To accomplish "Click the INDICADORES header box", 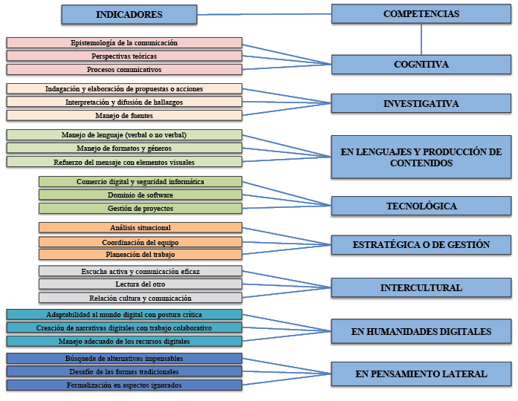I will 129,15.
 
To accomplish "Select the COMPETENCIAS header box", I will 421,14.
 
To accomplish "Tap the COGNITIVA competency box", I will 421,65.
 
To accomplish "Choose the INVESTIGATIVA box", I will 421,104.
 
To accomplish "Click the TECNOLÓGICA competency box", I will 421,206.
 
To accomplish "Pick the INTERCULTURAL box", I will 421,287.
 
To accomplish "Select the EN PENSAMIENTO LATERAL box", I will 421,374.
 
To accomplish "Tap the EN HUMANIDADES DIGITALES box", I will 421,331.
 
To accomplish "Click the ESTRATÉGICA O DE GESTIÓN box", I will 421,244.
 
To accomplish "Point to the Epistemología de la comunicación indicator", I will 124,43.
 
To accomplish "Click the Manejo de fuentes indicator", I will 124,116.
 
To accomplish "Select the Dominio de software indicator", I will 140,195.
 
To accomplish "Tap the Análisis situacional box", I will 140,228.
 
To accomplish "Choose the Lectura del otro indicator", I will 140,284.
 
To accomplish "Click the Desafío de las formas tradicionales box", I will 124,371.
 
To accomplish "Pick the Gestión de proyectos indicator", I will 140,209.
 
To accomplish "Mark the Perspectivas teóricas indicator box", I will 124,56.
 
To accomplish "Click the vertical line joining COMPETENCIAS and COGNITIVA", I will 421,39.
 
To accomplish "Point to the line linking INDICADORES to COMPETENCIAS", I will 264,14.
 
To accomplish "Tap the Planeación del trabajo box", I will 140,255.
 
